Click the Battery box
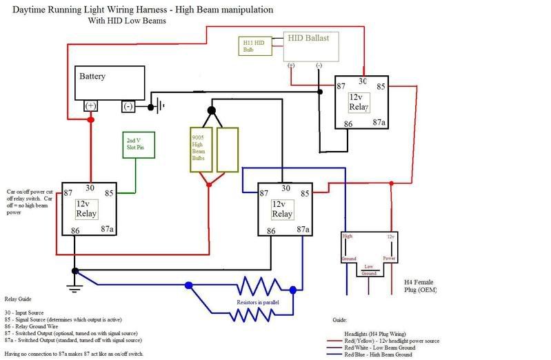110,83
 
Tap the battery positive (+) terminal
90,106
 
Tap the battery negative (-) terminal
128,106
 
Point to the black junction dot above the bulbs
212,110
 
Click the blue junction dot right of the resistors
294,290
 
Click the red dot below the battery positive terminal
90,121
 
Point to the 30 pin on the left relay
90,188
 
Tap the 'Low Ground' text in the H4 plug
369,269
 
